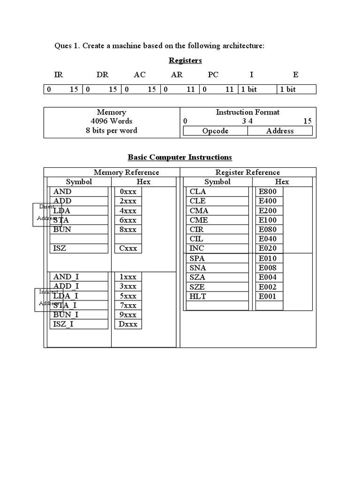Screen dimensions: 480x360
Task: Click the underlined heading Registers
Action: point(185,60)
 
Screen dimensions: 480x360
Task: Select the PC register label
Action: point(213,75)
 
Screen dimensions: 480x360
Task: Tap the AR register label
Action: point(177,75)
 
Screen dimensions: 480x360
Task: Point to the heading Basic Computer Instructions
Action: point(180,157)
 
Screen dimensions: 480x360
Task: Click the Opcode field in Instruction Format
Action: point(215,131)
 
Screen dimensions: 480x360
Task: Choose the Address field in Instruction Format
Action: point(280,131)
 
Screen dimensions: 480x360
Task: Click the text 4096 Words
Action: point(112,121)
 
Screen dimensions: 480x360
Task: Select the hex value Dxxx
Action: point(128,324)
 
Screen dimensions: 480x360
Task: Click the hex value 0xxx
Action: point(128,191)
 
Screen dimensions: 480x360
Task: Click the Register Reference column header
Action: point(247,172)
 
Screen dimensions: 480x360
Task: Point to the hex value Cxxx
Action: point(128,248)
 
